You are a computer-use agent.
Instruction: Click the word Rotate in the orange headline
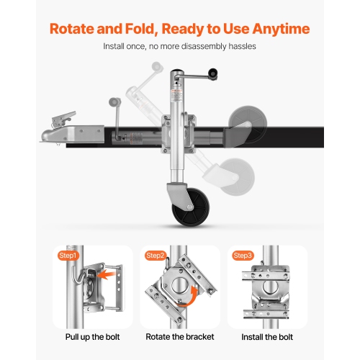(x=72, y=29)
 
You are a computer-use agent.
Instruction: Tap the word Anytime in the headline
(x=281, y=30)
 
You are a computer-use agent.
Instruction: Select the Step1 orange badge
(x=68, y=256)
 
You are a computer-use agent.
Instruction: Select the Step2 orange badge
(x=156, y=256)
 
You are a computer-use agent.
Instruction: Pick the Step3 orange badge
(x=243, y=256)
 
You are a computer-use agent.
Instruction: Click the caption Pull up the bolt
(x=92, y=337)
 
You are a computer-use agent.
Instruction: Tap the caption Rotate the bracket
(x=180, y=337)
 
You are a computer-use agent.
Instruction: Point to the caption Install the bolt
(x=267, y=337)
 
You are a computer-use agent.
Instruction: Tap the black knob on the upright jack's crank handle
(x=213, y=73)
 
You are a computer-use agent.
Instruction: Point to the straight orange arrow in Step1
(x=107, y=275)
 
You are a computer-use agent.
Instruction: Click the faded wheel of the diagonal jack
(x=238, y=177)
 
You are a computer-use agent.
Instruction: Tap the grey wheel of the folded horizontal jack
(x=248, y=124)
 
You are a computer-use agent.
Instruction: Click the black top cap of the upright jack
(x=177, y=71)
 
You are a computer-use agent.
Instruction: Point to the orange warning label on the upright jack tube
(x=177, y=91)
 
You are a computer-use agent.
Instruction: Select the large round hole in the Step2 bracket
(x=179, y=286)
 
